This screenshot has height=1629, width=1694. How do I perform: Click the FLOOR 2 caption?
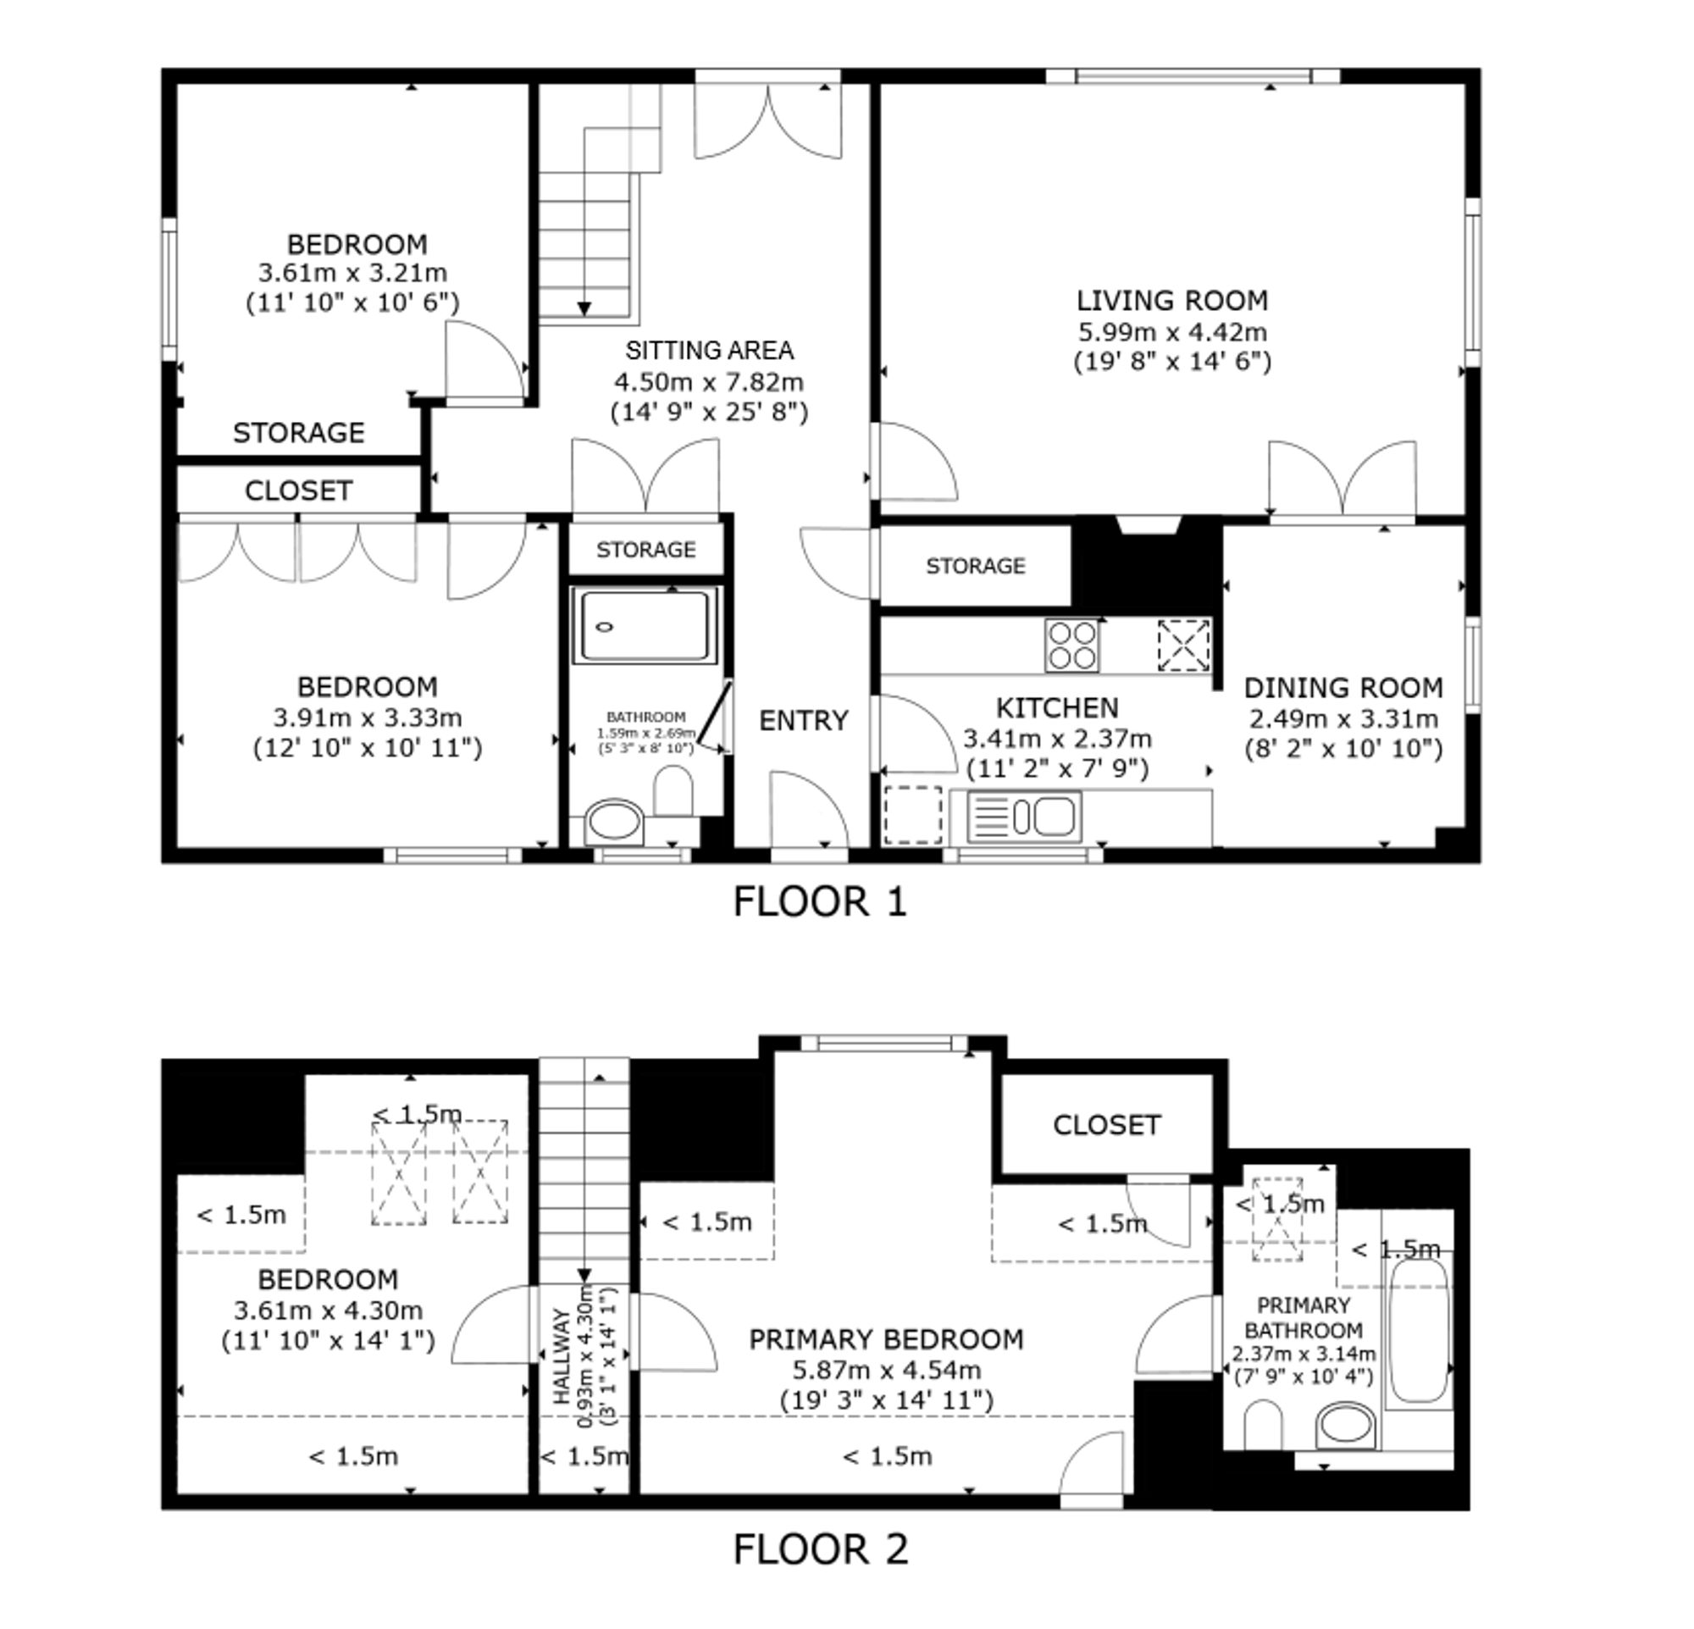coord(821,1550)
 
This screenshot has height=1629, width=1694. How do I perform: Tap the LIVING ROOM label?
coord(1172,301)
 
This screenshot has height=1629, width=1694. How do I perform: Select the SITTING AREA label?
coord(710,351)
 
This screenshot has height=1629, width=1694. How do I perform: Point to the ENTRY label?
coord(804,721)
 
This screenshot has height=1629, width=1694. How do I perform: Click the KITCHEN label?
coord(1057,709)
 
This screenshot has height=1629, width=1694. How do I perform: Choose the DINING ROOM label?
coord(1343,688)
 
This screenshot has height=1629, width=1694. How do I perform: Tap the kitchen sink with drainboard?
coord(1023,817)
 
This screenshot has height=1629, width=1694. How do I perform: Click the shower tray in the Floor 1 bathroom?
coord(644,627)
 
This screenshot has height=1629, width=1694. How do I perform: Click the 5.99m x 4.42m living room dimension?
coord(1172,332)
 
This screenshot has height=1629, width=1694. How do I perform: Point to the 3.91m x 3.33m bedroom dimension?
coord(368,718)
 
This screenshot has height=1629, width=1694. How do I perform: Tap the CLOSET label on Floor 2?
coord(1106,1125)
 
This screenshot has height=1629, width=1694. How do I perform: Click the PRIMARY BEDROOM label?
coord(886,1339)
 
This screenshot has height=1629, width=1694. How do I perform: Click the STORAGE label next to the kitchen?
coord(976,566)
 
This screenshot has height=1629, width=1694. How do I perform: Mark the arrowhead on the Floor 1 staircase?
coord(584,309)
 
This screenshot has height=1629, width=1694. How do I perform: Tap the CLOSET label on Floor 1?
coord(298,490)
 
